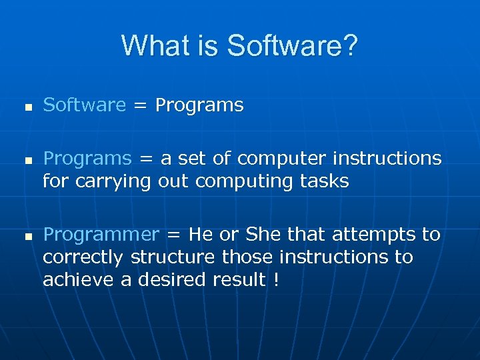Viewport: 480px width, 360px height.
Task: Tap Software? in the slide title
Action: click(x=292, y=46)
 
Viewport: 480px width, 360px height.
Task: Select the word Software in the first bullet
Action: click(x=84, y=105)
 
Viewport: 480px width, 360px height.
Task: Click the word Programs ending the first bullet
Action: click(x=199, y=105)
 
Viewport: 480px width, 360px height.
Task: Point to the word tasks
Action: click(x=325, y=181)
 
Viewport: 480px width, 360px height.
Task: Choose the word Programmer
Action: click(x=101, y=235)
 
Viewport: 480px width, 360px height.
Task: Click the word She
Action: click(x=264, y=234)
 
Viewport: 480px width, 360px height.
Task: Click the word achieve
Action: click(x=78, y=279)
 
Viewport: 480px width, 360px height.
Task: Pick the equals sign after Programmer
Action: click(x=174, y=235)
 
